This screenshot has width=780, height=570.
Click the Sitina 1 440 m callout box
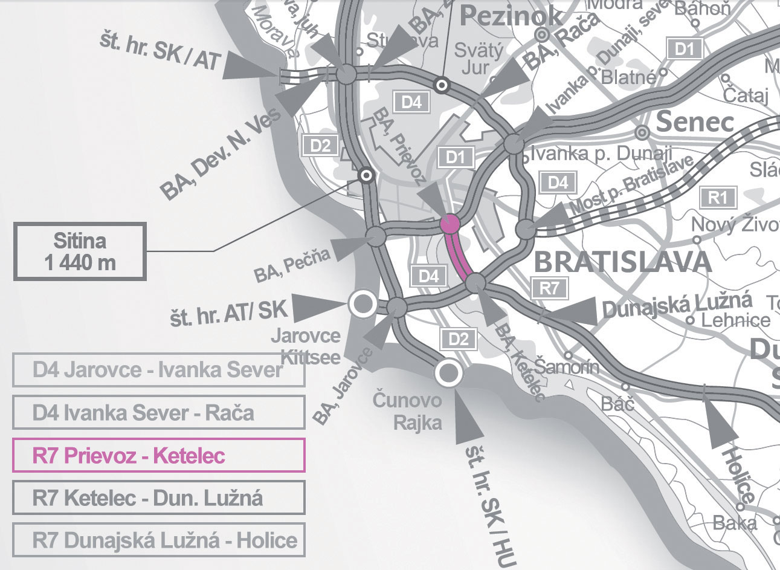point(80,251)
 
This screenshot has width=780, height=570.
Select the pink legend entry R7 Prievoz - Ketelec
point(159,455)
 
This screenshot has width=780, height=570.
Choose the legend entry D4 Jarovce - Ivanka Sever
point(159,370)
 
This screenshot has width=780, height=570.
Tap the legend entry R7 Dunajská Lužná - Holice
point(159,540)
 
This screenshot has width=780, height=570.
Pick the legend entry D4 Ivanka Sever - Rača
point(159,413)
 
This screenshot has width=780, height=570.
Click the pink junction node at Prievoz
point(450,224)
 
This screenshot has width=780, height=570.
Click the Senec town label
point(695,123)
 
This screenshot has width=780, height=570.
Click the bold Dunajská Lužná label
point(677,305)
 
